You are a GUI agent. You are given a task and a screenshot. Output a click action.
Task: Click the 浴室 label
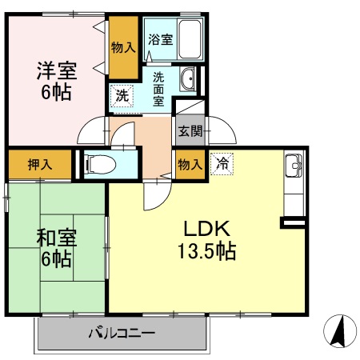click(x=160, y=38)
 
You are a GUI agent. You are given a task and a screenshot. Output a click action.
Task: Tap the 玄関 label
click(x=189, y=131)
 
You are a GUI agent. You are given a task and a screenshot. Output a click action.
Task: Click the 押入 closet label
click(x=40, y=165)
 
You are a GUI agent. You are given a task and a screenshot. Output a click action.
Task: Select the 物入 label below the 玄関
click(x=189, y=163)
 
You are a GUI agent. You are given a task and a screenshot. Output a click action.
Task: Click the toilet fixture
click(x=99, y=164)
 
